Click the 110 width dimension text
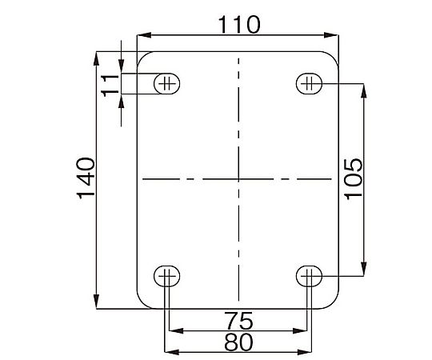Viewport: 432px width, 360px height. (x=239, y=25)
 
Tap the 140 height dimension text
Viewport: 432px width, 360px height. (x=86, y=178)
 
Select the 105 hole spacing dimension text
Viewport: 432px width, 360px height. (x=354, y=178)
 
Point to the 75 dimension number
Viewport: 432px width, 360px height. (x=238, y=321)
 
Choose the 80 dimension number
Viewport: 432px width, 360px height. (x=238, y=342)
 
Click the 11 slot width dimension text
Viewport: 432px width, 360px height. (x=110, y=85)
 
